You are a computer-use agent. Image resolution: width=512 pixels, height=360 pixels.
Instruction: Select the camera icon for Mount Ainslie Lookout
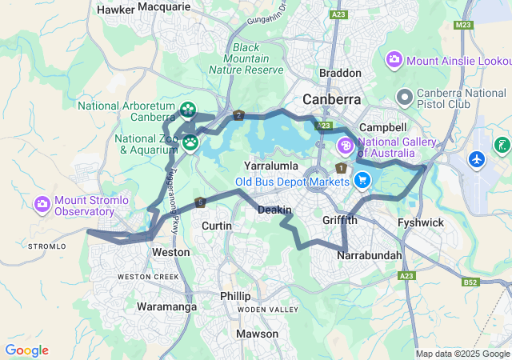click(x=394, y=60)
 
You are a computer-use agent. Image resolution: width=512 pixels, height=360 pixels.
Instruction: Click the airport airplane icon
click(x=478, y=159)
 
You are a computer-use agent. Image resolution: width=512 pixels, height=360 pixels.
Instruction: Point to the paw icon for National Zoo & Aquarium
click(x=190, y=143)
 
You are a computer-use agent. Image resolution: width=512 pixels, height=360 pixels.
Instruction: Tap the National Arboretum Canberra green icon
click(x=188, y=109)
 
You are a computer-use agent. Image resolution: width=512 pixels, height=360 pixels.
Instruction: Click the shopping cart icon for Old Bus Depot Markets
click(x=362, y=180)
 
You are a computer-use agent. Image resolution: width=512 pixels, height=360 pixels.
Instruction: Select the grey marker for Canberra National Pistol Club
click(x=405, y=98)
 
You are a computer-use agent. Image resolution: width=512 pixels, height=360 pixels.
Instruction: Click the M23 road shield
click(x=462, y=26)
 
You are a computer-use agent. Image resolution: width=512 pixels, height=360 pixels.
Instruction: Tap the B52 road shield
click(x=470, y=282)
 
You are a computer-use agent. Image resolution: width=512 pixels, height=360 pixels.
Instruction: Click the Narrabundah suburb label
click(x=369, y=255)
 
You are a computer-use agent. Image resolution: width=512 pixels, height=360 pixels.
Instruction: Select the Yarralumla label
click(x=271, y=166)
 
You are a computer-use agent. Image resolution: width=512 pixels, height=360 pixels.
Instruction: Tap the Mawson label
click(x=258, y=334)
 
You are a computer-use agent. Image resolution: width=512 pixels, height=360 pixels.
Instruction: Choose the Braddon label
click(x=340, y=73)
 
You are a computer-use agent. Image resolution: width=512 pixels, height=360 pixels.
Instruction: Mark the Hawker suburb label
click(x=115, y=10)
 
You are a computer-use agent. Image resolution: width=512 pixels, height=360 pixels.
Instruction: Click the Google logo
click(x=26, y=350)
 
